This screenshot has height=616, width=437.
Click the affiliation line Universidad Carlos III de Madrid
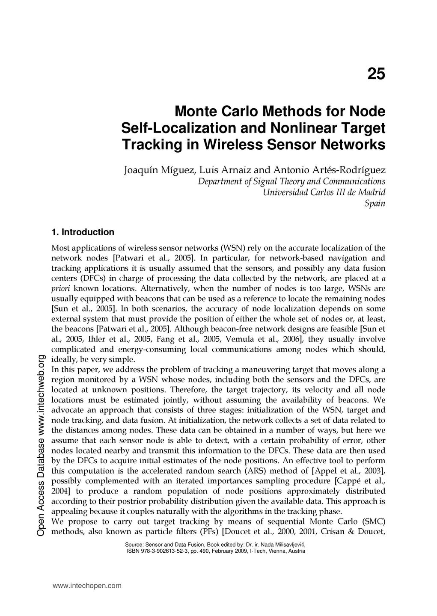(x=324, y=192)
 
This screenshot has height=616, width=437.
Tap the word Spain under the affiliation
(x=375, y=204)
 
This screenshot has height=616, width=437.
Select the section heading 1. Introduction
(x=83, y=232)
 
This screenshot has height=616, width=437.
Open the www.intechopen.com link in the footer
(x=87, y=586)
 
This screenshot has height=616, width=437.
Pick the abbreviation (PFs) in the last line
(x=209, y=532)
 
